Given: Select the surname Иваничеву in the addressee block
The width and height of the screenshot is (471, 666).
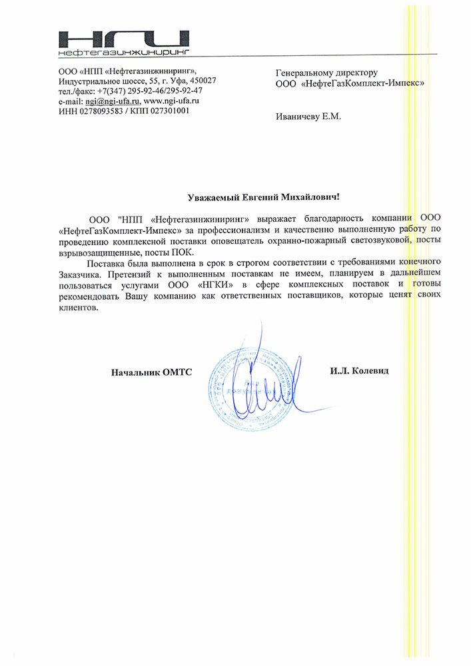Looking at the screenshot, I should coord(297,117).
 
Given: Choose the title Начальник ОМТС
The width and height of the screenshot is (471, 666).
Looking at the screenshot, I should coord(151,372).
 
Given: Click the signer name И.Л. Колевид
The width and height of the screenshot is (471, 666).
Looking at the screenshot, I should coord(359,370).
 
